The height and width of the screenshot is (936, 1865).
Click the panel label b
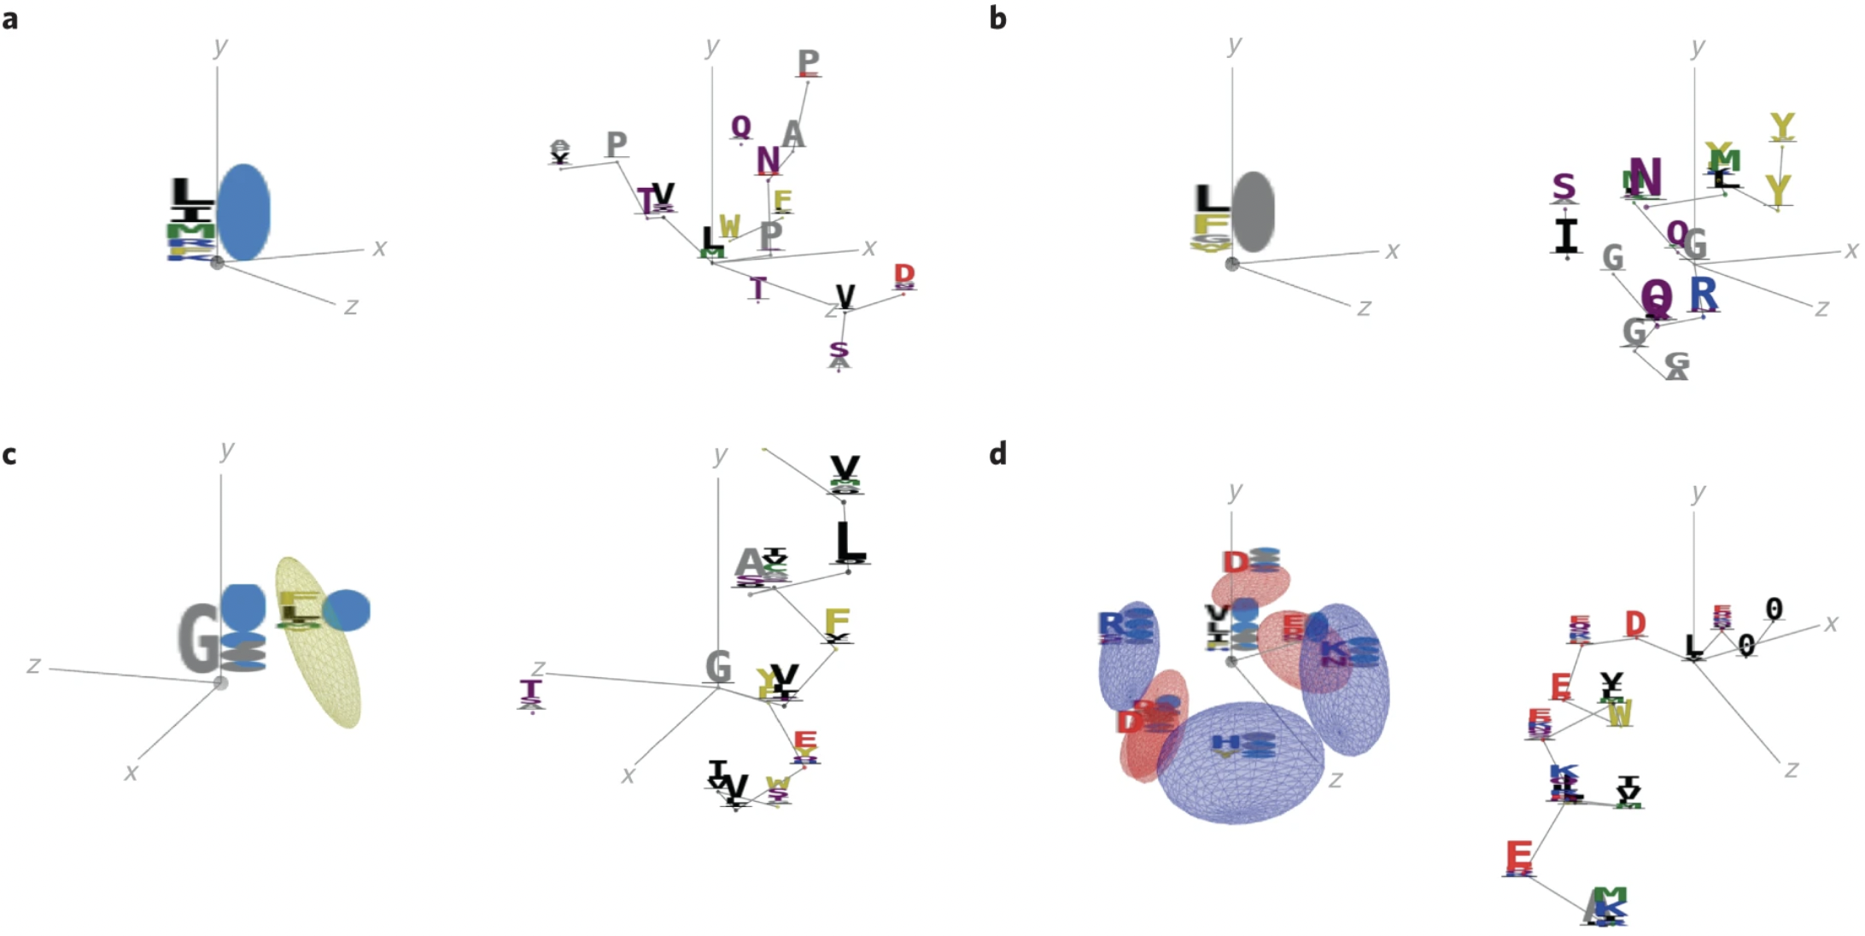[997, 18]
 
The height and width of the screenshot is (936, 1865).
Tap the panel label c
[9, 454]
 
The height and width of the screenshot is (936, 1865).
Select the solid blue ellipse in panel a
[243, 212]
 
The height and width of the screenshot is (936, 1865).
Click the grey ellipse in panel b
[1253, 211]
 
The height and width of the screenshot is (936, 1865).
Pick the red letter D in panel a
[904, 273]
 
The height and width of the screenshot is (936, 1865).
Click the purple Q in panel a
[741, 126]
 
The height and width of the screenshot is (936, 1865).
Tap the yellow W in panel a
[729, 226]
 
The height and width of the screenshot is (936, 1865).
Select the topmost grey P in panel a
[808, 61]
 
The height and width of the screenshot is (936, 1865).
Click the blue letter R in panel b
[1703, 293]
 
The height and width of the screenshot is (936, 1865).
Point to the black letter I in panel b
[1566, 236]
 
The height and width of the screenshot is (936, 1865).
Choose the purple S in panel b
[1563, 186]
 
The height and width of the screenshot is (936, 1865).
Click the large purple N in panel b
[1646, 177]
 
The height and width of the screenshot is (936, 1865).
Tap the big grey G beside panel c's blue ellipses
[199, 638]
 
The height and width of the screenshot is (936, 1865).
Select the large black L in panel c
[849, 541]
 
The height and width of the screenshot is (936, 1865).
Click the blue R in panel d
[1110, 624]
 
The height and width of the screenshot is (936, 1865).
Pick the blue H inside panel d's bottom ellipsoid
[1225, 742]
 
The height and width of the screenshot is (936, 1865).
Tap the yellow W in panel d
[1619, 712]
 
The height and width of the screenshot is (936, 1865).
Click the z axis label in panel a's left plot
[351, 306]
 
